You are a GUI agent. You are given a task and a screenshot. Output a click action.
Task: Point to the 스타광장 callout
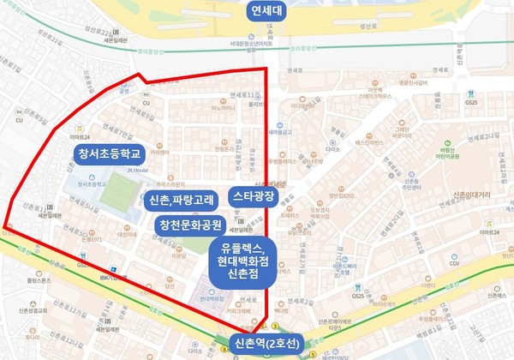pos(254,195)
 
